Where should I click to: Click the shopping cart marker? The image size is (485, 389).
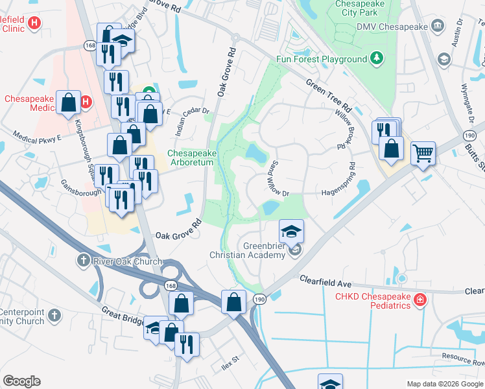point(423,154)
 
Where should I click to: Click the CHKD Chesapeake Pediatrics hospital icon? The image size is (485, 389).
point(420,300)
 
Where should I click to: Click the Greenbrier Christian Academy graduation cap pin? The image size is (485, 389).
point(292,231)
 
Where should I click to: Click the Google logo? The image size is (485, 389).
point(21,381)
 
